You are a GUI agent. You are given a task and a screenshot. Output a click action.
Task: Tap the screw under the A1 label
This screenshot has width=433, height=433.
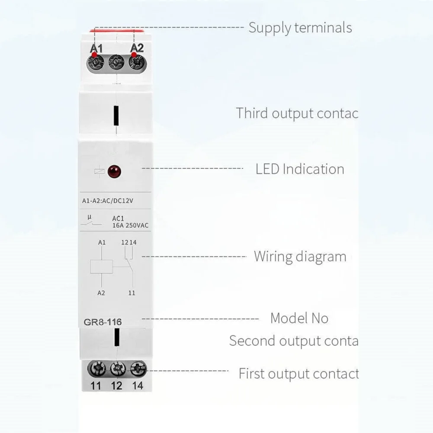click(x=96, y=64)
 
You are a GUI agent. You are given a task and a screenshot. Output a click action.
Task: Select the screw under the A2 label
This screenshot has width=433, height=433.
click(x=137, y=63)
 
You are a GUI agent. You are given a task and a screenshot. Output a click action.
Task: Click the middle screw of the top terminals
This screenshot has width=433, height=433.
click(x=116, y=64)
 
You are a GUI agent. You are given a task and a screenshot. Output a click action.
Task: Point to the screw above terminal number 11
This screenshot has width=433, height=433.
click(x=96, y=369)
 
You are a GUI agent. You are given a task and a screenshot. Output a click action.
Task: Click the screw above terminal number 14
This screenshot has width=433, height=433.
click(x=138, y=369)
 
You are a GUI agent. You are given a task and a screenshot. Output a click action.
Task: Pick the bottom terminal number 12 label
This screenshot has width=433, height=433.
click(x=117, y=385)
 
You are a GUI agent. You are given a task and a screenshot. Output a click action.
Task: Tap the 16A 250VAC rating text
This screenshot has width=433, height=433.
click(x=130, y=225)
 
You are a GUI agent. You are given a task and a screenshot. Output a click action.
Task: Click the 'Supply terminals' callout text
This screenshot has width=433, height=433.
click(x=300, y=28)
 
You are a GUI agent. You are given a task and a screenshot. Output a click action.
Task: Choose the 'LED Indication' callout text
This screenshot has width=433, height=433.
click(x=300, y=169)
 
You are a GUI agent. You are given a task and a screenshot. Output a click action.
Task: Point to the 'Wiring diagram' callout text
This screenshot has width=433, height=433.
click(x=300, y=256)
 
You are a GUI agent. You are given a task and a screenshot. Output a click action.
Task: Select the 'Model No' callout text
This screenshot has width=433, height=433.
click(x=299, y=318)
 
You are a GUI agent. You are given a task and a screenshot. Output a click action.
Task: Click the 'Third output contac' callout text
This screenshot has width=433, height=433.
click(x=297, y=113)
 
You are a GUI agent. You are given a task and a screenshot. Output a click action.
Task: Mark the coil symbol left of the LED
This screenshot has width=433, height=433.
click(x=99, y=171)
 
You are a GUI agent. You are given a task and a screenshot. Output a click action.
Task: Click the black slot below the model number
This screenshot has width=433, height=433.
click(x=116, y=337)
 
